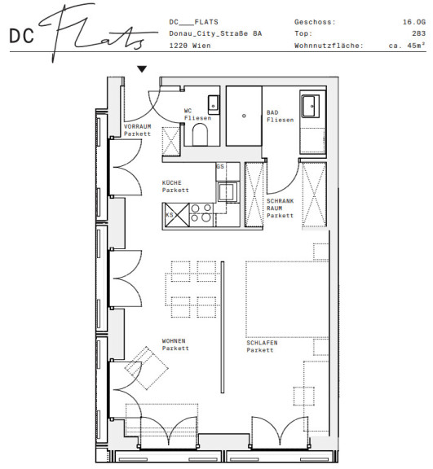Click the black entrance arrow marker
click(142, 69)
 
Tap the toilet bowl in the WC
click(200, 134)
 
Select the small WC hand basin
click(214, 105)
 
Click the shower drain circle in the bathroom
click(244, 116)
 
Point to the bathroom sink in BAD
click(311, 106)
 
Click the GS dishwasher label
click(220, 167)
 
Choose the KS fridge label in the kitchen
click(170, 215)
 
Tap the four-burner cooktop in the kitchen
click(201, 213)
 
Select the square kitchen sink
click(228, 191)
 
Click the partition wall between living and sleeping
click(223, 327)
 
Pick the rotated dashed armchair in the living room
click(147, 368)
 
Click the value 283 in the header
click(418, 33)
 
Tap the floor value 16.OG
click(414, 22)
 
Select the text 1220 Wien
click(190, 46)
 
